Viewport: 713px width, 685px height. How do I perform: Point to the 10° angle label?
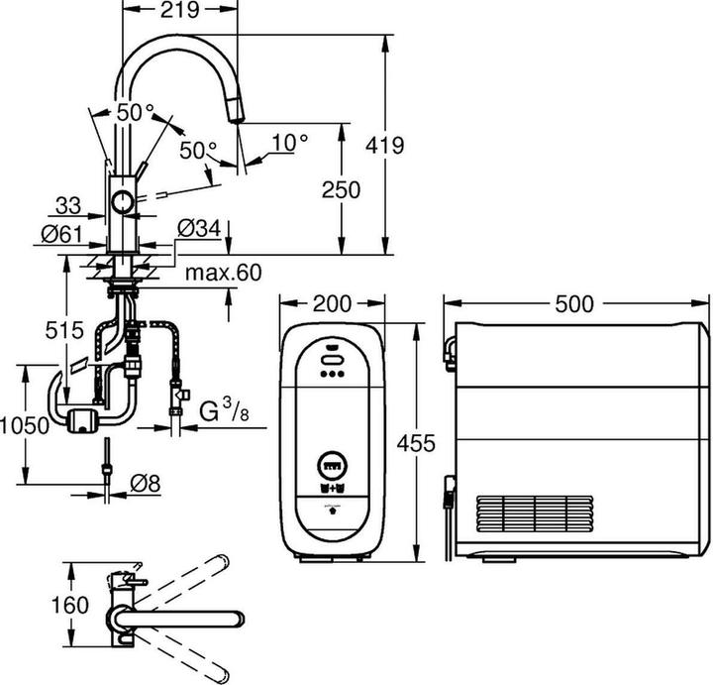point(290,143)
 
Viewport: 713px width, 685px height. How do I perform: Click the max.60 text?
point(220,272)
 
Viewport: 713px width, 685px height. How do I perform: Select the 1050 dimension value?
point(24,424)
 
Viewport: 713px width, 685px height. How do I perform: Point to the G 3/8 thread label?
point(223,408)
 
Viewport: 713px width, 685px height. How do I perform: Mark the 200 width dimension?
point(332,302)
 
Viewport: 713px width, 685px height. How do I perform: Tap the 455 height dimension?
point(415,443)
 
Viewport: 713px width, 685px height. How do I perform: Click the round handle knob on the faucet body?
point(123,202)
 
